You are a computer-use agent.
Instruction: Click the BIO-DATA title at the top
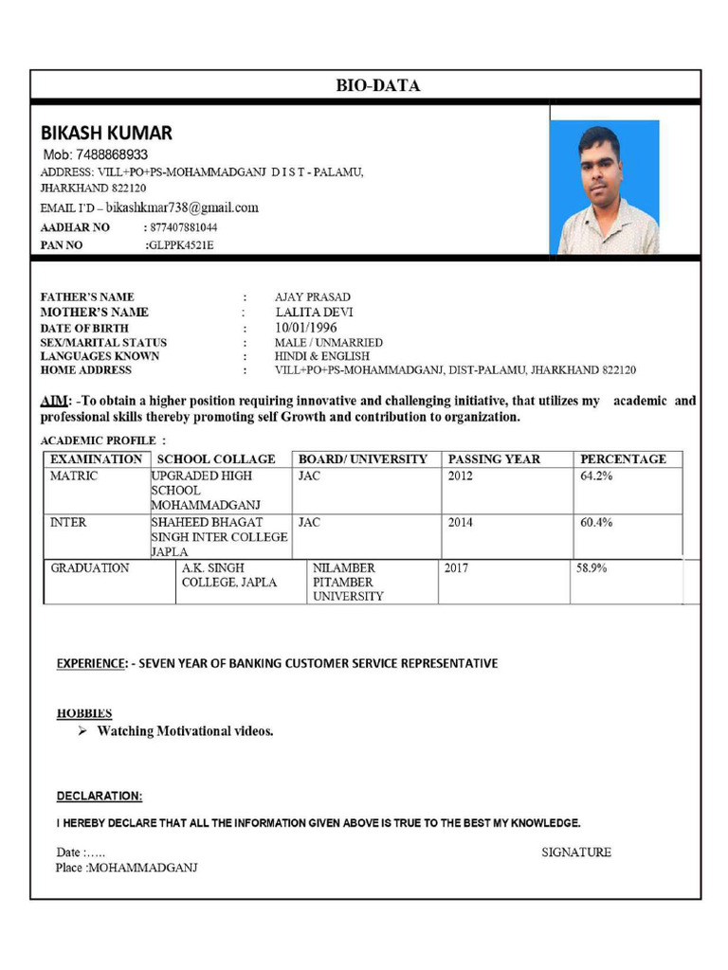[377, 85]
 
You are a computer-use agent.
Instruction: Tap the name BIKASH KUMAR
[106, 133]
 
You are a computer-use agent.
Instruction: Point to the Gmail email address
[182, 207]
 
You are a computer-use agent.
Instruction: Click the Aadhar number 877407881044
[183, 227]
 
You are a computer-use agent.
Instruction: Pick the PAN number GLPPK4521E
[180, 245]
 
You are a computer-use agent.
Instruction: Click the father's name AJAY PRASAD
[312, 296]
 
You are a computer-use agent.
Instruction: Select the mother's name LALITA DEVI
[314, 312]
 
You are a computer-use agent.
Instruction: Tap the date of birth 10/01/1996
[306, 327]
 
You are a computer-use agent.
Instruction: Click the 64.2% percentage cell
[596, 476]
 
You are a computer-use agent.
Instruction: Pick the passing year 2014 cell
[460, 522]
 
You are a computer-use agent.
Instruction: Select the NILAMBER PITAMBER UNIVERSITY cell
[348, 582]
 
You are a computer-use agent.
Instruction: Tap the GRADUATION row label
[90, 568]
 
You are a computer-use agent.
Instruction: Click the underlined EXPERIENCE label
[90, 663]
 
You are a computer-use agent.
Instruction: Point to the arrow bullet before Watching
[82, 731]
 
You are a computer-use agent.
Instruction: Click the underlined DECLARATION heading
[100, 796]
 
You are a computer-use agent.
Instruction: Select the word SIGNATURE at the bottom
[576, 853]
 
